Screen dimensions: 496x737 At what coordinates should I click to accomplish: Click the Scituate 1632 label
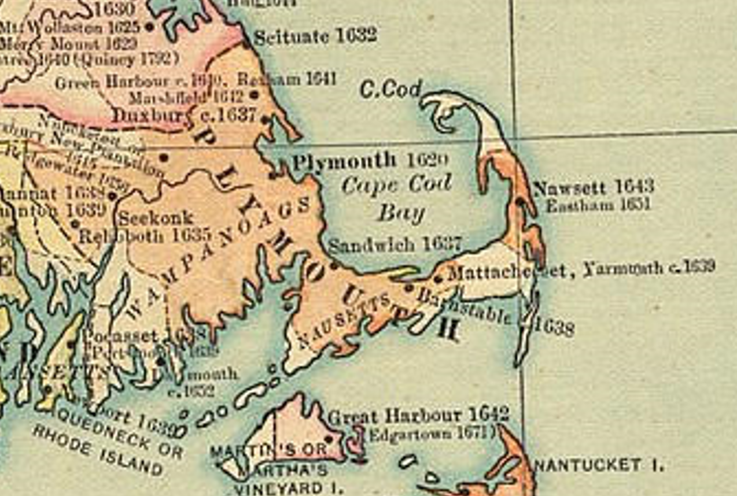tap(315, 37)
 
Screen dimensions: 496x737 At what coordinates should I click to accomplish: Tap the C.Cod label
tap(390, 89)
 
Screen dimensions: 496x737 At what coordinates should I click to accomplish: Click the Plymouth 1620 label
tap(370, 161)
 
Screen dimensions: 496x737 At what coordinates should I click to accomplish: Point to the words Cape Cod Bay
tap(397, 199)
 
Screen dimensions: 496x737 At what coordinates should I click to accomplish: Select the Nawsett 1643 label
tap(593, 187)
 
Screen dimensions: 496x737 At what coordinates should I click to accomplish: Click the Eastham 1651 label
tap(598, 205)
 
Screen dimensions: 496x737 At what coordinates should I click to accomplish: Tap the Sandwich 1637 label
tap(395, 245)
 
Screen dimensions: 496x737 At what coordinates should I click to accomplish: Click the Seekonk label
tap(156, 219)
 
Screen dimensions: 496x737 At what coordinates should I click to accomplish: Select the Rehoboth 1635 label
tap(144, 236)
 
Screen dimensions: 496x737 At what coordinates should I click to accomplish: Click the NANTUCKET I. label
tap(598, 465)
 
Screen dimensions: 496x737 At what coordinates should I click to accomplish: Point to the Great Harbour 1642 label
tap(418, 415)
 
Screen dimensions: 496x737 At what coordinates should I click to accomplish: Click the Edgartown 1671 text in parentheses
tap(432, 433)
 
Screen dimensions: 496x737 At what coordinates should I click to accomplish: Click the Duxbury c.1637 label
tap(184, 115)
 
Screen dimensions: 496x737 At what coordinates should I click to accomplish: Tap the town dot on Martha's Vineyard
tap(330, 439)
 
